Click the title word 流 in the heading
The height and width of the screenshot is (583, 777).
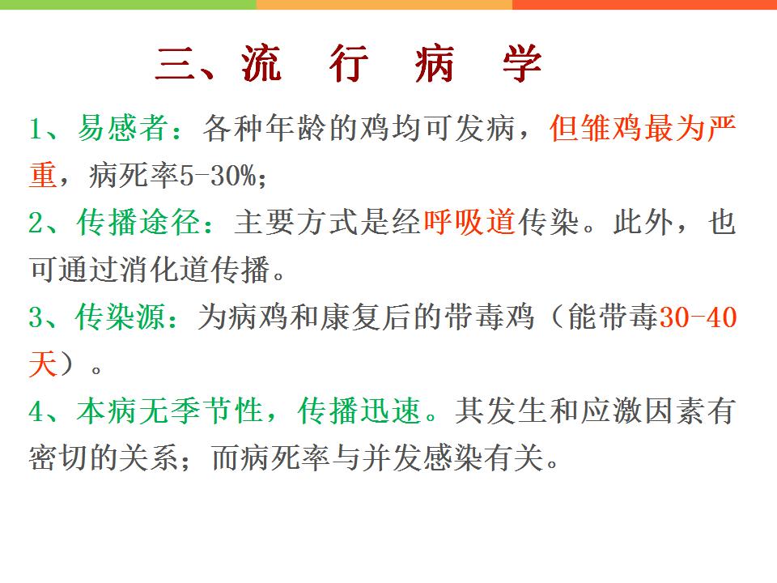coord(261,63)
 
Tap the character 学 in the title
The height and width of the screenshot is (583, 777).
coord(522,63)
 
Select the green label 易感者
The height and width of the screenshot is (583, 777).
coord(122,127)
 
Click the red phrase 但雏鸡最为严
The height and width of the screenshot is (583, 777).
coord(643,127)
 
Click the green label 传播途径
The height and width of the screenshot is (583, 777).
coord(138,222)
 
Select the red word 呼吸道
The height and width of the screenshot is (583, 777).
coord(469,222)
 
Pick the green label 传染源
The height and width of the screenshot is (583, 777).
coord(121,317)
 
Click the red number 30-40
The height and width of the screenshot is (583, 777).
coord(698,317)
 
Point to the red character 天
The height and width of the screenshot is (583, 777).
coord(43,364)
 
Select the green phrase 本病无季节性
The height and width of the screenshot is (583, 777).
coord(169,411)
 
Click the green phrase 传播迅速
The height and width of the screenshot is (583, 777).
coord(359,411)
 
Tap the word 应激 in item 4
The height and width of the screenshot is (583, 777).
coord(612,411)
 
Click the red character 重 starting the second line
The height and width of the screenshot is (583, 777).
coord(43,175)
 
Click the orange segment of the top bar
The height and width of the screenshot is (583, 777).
coord(384,5)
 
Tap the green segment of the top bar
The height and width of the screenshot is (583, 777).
coord(128,5)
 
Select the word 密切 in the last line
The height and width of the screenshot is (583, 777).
coord(58,457)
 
